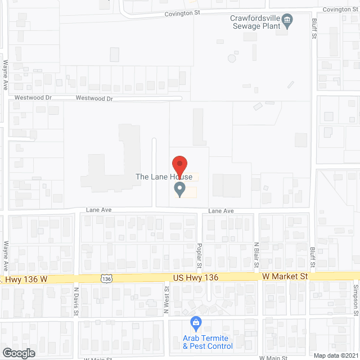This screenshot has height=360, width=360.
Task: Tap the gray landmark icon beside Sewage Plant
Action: click(287, 21)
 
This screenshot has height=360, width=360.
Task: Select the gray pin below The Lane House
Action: click(179, 190)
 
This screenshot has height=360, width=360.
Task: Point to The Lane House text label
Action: click(164, 177)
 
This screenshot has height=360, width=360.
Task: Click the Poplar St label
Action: click(200, 254)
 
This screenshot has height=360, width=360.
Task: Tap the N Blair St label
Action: click(256, 254)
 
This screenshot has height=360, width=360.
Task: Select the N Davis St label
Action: click(76, 298)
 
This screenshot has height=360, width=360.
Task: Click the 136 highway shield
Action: click(107, 278)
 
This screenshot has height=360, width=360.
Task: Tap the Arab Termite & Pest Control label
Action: click(206, 342)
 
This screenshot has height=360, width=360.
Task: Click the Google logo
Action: click(18, 353)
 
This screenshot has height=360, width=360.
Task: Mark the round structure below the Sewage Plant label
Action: click(231, 58)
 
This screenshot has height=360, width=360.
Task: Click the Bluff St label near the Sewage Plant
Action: click(314, 29)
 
